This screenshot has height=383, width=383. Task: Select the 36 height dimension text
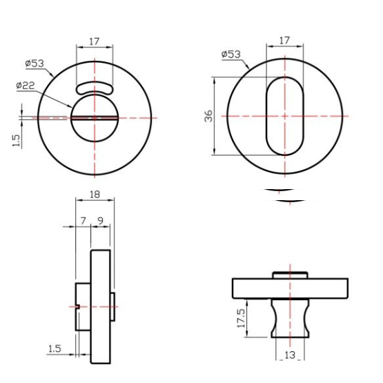pyautogui.click(x=209, y=116)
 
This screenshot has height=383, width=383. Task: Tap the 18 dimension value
pyautogui.click(x=95, y=195)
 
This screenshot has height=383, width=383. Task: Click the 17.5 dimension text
pyautogui.click(x=242, y=321)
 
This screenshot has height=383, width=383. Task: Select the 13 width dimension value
pyautogui.click(x=290, y=355)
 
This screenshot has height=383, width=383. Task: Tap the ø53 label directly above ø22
pyautogui.click(x=35, y=63)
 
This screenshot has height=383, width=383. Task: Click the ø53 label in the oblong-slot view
pyautogui.click(x=231, y=54)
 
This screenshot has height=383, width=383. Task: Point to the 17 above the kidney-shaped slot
pyautogui.click(x=95, y=41)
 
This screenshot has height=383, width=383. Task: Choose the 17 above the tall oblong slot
pyautogui.click(x=284, y=41)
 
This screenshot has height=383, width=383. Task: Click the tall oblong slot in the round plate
pyautogui.click(x=284, y=116)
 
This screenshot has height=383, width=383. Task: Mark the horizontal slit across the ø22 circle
pyautogui.click(x=95, y=117)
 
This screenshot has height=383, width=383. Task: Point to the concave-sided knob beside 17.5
pyautogui.click(x=290, y=318)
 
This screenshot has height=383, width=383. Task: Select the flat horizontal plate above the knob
pyautogui.click(x=290, y=287)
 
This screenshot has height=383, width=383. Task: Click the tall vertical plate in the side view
pyautogui.click(x=101, y=306)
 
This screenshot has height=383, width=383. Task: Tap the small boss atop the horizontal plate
pyautogui.click(x=290, y=275)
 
